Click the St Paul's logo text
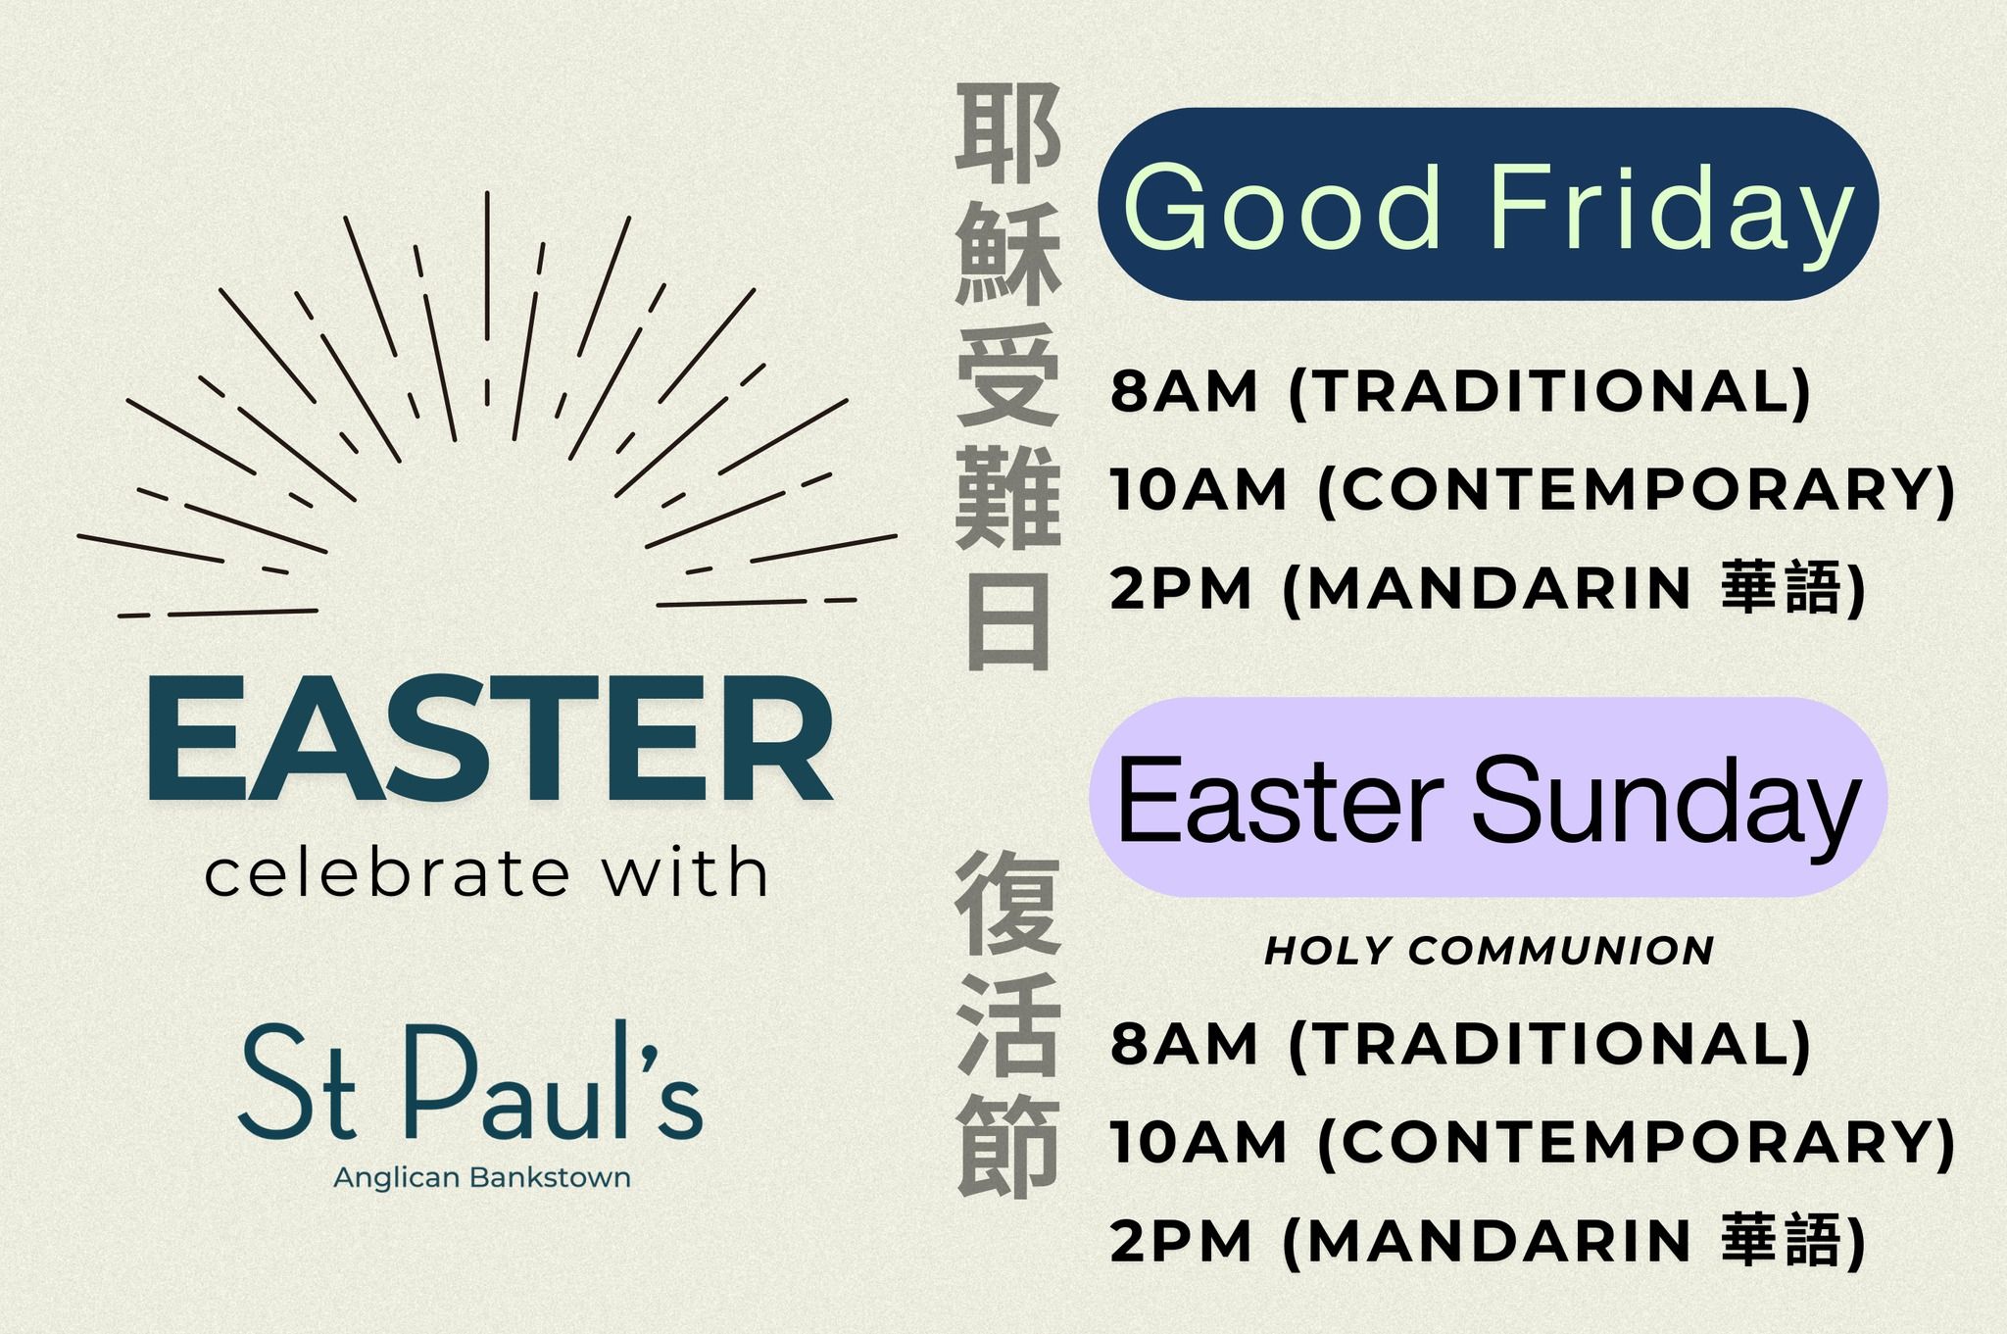click(x=471, y=1082)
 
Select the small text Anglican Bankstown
click(x=482, y=1177)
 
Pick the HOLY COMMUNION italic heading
click(x=1489, y=950)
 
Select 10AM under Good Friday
click(x=1199, y=489)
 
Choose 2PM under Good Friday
click(x=1181, y=588)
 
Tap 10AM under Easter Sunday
click(x=1199, y=1143)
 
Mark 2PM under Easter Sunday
click(x=1181, y=1242)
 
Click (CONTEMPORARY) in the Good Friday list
click(x=1637, y=490)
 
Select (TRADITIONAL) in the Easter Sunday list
click(x=1549, y=1044)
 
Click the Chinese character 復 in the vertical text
click(x=1008, y=903)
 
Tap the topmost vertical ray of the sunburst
click(x=487, y=266)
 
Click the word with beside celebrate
click(x=684, y=871)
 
